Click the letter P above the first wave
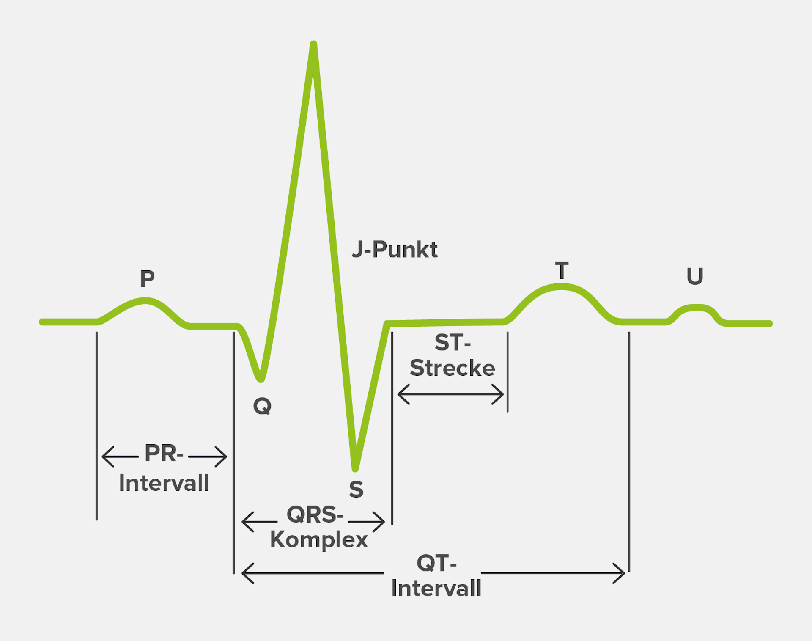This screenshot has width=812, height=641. (x=147, y=278)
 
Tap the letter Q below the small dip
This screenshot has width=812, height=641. (x=262, y=407)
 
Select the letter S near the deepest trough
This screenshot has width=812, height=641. (x=356, y=490)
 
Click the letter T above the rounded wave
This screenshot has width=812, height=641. (x=562, y=270)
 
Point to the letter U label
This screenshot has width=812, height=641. (x=695, y=276)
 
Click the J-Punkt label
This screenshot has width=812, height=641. (x=395, y=250)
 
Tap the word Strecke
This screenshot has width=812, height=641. (x=452, y=368)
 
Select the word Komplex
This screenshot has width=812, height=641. (x=319, y=540)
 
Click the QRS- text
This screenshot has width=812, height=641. (x=315, y=515)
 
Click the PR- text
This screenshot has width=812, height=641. (x=164, y=453)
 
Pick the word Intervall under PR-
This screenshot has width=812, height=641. (x=164, y=483)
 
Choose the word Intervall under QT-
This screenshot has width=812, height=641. (x=436, y=588)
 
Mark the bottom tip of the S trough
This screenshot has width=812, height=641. (x=355, y=468)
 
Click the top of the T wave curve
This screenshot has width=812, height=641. (x=561, y=287)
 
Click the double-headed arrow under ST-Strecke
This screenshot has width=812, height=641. (x=450, y=394)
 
